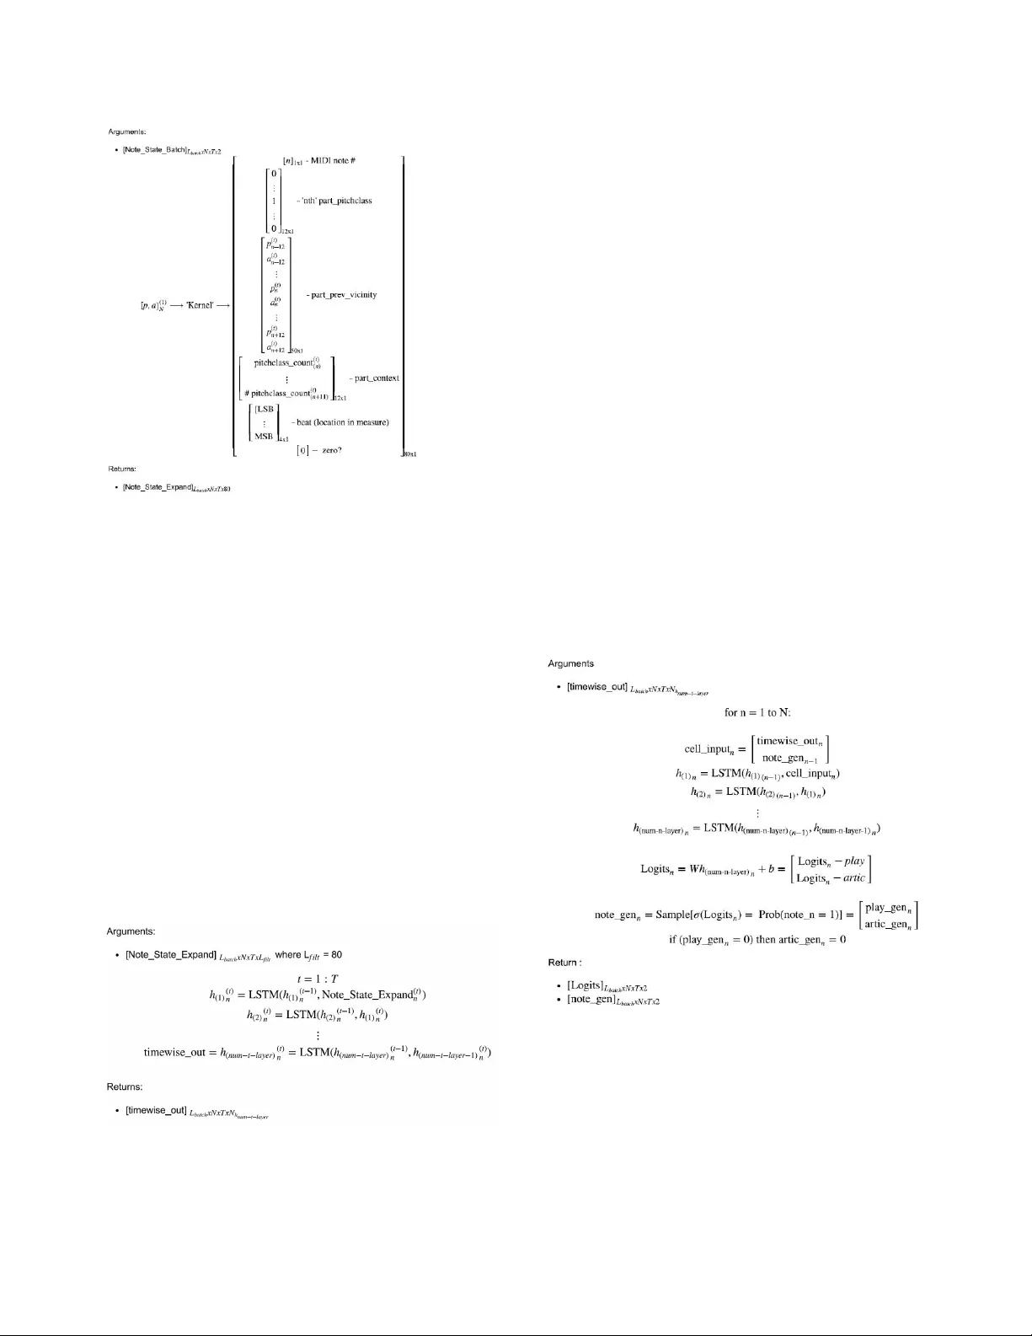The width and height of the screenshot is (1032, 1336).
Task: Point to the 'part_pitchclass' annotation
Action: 338,201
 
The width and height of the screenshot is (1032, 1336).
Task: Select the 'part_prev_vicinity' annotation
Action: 344,295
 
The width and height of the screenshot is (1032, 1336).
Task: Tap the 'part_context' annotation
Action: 377,378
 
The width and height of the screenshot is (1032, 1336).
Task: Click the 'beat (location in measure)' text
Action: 343,422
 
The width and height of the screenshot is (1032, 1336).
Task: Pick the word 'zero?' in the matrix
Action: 328,450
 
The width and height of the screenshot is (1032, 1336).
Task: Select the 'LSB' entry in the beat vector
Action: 265,409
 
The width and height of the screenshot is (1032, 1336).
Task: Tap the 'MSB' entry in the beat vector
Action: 265,436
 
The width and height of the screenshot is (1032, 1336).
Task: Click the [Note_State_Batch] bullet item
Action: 159,149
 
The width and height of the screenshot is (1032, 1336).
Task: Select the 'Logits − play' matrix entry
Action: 831,861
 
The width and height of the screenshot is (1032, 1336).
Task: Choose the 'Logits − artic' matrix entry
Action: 831,878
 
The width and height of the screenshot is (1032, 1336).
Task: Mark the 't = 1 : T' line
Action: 317,979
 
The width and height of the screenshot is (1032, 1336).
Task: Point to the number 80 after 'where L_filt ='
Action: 336,955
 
